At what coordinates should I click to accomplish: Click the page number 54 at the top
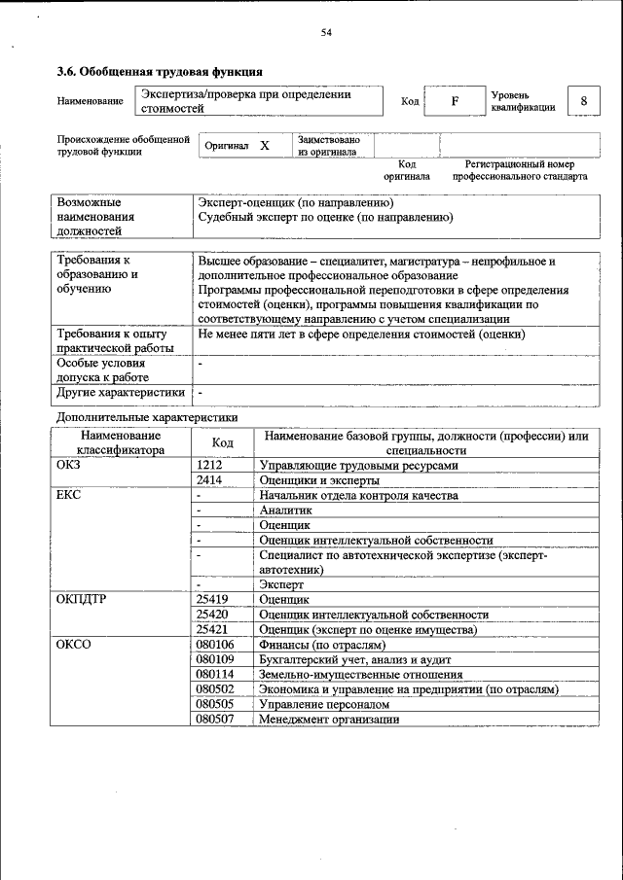point(327,33)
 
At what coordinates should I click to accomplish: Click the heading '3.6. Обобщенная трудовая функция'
point(160,72)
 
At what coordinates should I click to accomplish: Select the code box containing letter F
point(455,101)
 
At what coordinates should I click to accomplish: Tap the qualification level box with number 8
point(583,101)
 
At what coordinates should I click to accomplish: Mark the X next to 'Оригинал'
point(264,145)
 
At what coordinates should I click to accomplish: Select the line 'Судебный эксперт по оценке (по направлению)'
point(325,218)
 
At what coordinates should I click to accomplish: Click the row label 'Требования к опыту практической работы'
point(115,340)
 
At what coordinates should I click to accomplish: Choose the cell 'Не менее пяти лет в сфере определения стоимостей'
point(361,334)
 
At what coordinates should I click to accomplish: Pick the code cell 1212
point(210,465)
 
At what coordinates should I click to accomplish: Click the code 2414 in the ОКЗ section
point(210,479)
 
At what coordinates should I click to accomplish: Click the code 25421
point(212,629)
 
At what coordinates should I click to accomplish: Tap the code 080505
point(215,703)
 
